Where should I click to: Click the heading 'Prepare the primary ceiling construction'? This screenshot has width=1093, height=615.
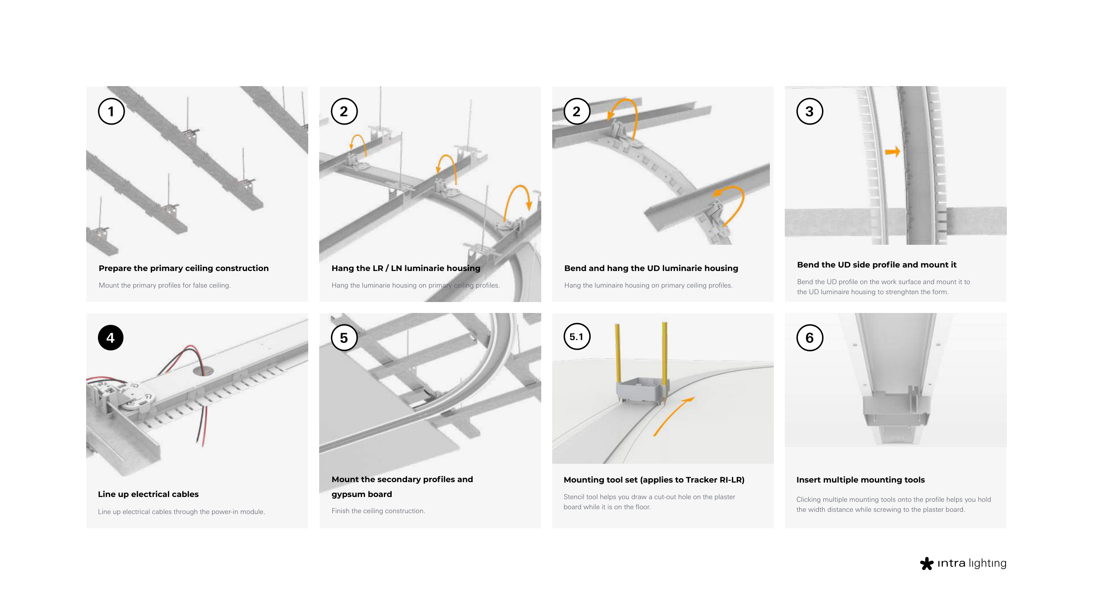tap(184, 268)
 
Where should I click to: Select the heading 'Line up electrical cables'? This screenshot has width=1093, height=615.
tap(148, 494)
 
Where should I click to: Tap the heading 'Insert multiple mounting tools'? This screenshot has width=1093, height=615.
tap(860, 480)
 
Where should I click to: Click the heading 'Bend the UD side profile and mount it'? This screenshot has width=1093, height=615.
tap(877, 265)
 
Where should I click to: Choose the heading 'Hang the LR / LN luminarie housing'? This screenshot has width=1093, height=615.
tap(406, 268)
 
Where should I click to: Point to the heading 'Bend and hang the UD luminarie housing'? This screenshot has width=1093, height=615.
tap(651, 268)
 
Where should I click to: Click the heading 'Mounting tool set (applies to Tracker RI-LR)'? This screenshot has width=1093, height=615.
tap(654, 480)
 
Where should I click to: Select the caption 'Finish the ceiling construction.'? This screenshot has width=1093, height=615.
tap(378, 511)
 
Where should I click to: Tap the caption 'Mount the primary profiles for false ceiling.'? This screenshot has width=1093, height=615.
tap(164, 285)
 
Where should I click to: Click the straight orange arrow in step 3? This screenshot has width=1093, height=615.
tap(893, 152)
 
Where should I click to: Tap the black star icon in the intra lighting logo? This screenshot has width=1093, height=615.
tap(926, 563)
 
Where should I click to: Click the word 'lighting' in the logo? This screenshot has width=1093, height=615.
tap(988, 563)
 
